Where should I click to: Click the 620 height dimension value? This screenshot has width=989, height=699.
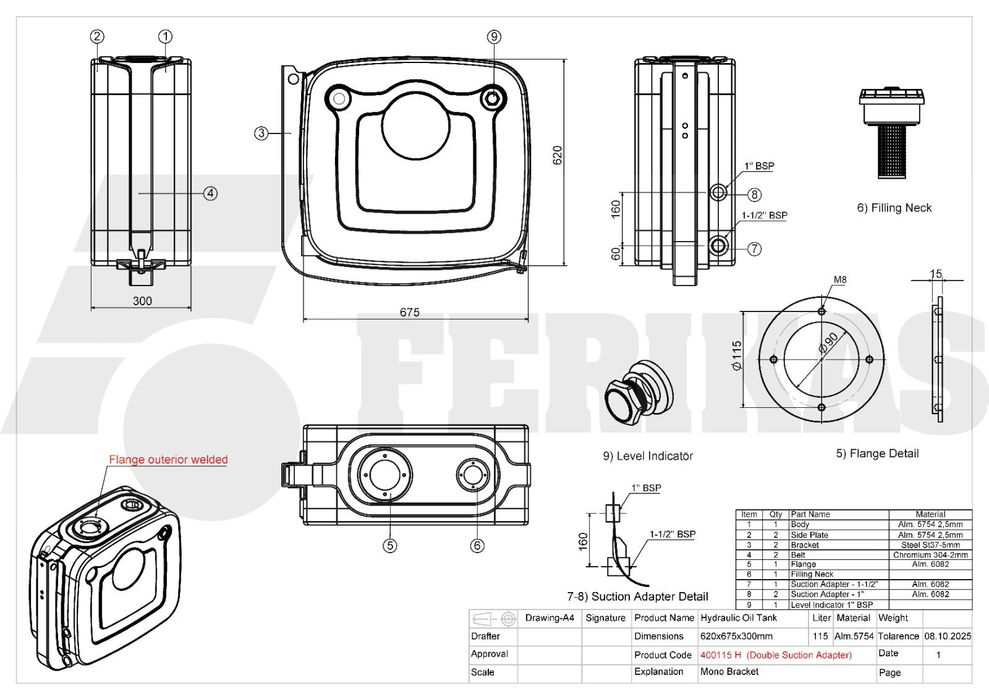[558, 155]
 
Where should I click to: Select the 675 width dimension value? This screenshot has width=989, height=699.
[409, 312]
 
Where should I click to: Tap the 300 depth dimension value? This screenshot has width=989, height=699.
[142, 301]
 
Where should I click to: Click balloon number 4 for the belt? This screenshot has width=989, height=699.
[211, 193]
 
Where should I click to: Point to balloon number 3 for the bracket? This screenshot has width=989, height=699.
[261, 133]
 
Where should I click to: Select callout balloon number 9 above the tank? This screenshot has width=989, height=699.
[494, 36]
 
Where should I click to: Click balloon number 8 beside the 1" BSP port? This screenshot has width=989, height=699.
[755, 194]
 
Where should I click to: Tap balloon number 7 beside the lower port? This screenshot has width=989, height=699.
[755, 249]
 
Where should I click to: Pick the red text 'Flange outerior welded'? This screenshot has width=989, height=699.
[168, 459]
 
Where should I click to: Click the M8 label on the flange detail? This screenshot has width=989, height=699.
[840, 279]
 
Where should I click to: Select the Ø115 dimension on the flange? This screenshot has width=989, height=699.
[736, 355]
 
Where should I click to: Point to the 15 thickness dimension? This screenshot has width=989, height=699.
[936, 274]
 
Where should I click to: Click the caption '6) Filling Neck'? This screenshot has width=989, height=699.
[894, 208]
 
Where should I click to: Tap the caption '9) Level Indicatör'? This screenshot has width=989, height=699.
[648, 455]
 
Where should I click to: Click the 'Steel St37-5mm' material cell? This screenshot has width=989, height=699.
[930, 545]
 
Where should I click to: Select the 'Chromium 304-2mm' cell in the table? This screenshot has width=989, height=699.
[930, 554]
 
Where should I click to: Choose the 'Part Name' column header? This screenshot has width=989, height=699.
[810, 514]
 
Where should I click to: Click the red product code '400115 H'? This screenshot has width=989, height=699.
[721, 655]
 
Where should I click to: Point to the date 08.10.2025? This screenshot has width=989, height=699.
[948, 636]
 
